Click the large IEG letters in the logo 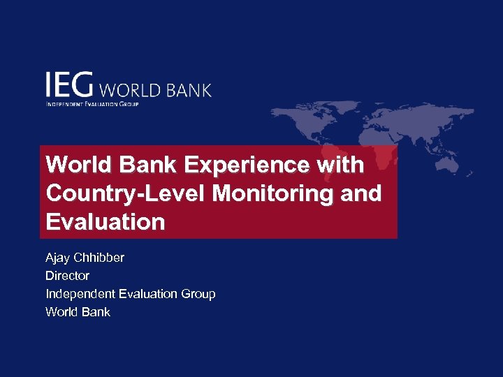[69, 85]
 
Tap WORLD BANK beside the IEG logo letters [156, 91]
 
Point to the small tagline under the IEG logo [92, 104]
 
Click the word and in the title [362, 193]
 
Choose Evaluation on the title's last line [105, 222]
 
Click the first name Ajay [59, 258]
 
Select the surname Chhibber [100, 258]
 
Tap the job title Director [67, 276]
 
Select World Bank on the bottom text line [78, 312]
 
